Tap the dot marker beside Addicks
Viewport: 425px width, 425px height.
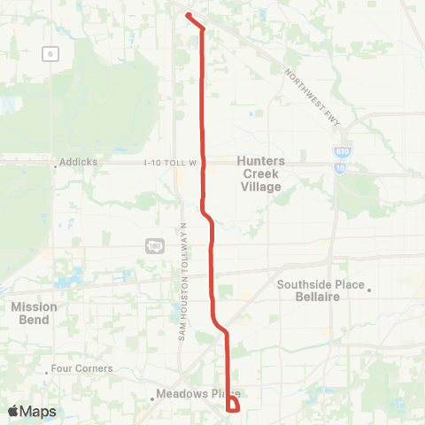[56, 163]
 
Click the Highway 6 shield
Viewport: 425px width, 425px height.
[52, 54]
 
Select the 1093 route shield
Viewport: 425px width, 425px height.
[153, 245]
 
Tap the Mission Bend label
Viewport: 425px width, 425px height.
[35, 313]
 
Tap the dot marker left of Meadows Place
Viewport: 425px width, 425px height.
[152, 398]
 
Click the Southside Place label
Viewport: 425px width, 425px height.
[320, 285]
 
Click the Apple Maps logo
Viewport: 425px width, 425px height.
[32, 411]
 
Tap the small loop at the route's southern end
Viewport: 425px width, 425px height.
[233, 406]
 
